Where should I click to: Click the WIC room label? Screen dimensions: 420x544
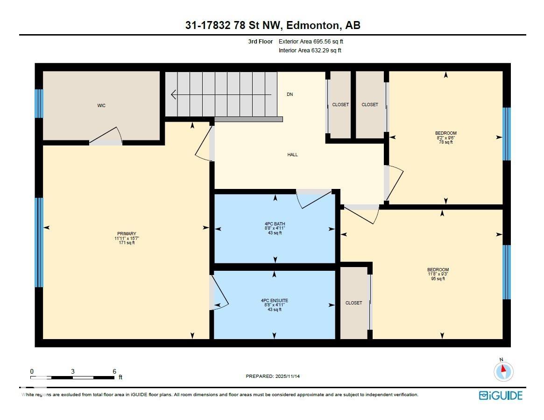pyautogui.click(x=101, y=106)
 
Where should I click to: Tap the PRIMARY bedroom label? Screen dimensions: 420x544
pyautogui.click(x=127, y=234)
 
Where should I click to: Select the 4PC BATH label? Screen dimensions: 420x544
pyautogui.click(x=275, y=224)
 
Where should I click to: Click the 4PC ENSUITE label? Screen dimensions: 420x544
pyautogui.click(x=274, y=301)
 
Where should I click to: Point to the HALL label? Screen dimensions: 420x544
pyautogui.click(x=293, y=155)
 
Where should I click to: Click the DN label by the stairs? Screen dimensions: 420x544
pyautogui.click(x=290, y=94)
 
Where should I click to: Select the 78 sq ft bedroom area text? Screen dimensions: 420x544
pyautogui.click(x=445, y=142)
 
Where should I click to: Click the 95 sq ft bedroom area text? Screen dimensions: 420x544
pyautogui.click(x=438, y=279)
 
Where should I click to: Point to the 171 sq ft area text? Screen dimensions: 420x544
pyautogui.click(x=127, y=243)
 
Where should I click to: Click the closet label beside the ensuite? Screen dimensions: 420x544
pyautogui.click(x=353, y=303)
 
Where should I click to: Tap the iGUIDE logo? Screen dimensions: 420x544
pyautogui.click(x=501, y=396)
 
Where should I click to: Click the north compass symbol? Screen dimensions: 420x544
pyautogui.click(x=503, y=371)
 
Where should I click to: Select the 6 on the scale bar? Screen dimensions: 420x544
pyautogui.click(x=114, y=371)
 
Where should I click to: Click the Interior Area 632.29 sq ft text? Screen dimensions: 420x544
pyautogui.click(x=310, y=51)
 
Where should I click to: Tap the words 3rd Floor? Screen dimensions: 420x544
pyautogui.click(x=261, y=42)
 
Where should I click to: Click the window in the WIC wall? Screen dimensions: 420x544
pyautogui.click(x=39, y=103)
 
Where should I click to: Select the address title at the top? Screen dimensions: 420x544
pyautogui.click(x=273, y=25)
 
